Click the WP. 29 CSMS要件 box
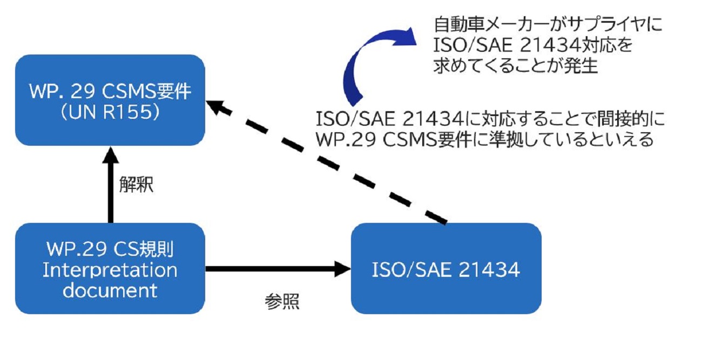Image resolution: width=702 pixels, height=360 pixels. (x=110, y=100)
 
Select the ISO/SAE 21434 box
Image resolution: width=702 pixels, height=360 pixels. (x=446, y=268)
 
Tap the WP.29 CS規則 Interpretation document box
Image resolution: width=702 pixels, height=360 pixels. (x=110, y=268)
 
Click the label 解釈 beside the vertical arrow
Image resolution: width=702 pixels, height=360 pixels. (x=137, y=184)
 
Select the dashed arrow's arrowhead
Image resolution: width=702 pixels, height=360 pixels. (x=216, y=106)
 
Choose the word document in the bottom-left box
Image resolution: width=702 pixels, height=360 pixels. (x=110, y=290)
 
